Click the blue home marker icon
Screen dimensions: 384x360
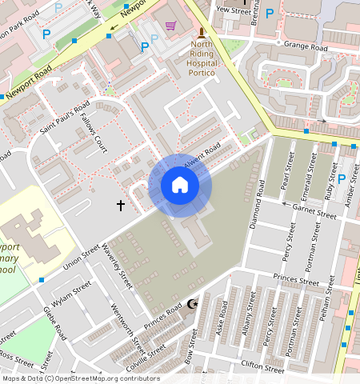180,186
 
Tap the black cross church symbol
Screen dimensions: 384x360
121,206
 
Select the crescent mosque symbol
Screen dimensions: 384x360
191,305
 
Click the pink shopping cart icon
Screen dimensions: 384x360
170,25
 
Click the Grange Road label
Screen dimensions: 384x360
306,48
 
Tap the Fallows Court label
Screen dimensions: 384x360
94,134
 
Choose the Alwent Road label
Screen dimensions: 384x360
202,155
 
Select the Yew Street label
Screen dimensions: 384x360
234,10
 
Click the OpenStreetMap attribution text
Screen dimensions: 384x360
80,378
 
